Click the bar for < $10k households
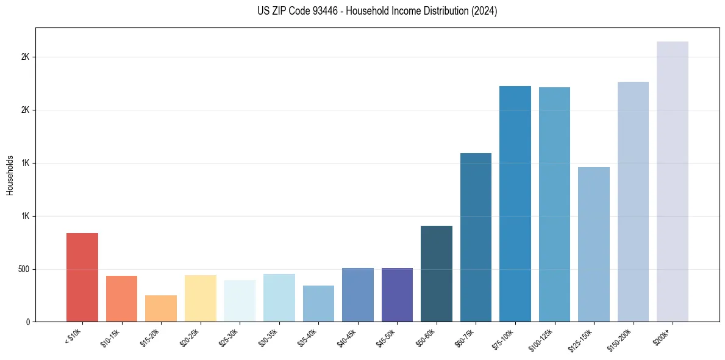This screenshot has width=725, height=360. point(82,277)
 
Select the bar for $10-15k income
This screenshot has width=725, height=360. point(121,298)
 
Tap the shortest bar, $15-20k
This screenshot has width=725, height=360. point(161,308)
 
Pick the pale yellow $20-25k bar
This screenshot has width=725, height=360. point(200,298)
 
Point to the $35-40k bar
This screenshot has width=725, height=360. point(318,303)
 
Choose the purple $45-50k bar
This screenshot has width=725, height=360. point(397,294)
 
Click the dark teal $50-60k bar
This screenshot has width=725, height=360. point(437,273)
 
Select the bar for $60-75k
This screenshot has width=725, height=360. point(476,237)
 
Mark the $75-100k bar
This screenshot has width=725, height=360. point(515,204)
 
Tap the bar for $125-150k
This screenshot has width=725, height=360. point(594,244)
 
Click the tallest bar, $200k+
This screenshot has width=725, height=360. point(673,181)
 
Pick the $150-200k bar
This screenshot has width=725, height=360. point(633,201)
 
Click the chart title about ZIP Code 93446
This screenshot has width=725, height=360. point(377,11)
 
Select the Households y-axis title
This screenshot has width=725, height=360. point(10,175)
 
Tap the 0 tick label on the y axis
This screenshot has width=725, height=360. point(27,322)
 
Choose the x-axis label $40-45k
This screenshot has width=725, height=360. point(349,337)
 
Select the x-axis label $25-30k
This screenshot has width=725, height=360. point(230,337)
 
